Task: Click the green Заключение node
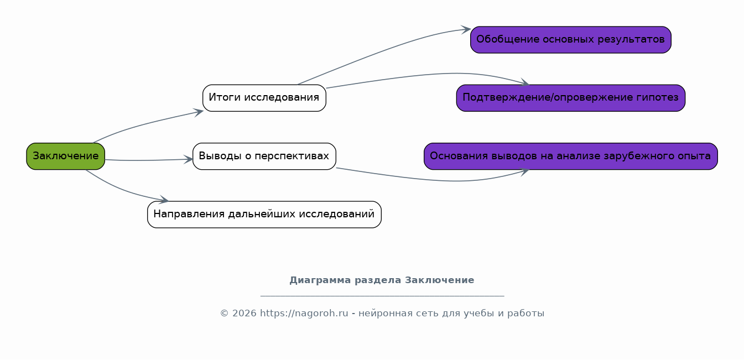tap(66, 156)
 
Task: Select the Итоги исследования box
tap(264, 98)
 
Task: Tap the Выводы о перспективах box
tap(264, 156)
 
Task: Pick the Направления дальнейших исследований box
tap(264, 215)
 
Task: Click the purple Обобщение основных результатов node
tap(571, 40)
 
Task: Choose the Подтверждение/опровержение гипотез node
tap(571, 98)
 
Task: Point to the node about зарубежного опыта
tap(571, 156)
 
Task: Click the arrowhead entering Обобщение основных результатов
tap(466, 29)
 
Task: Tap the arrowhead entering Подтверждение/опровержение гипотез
tap(525, 82)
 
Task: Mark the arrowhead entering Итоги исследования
tap(199, 112)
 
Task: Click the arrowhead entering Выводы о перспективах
tap(189, 159)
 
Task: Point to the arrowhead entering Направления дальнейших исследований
tap(164, 199)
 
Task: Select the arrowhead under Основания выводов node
tap(525, 172)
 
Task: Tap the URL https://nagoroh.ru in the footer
tap(304, 314)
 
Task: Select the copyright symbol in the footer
tap(224, 314)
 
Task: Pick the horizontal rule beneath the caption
tap(382, 295)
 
